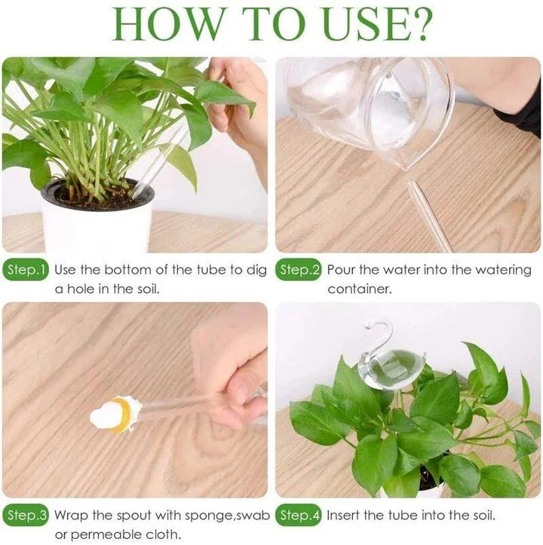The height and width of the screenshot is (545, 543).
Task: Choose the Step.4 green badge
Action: (x=299, y=516)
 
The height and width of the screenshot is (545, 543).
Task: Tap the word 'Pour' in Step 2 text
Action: (x=342, y=270)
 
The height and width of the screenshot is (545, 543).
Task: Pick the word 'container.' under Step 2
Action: (x=360, y=289)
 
